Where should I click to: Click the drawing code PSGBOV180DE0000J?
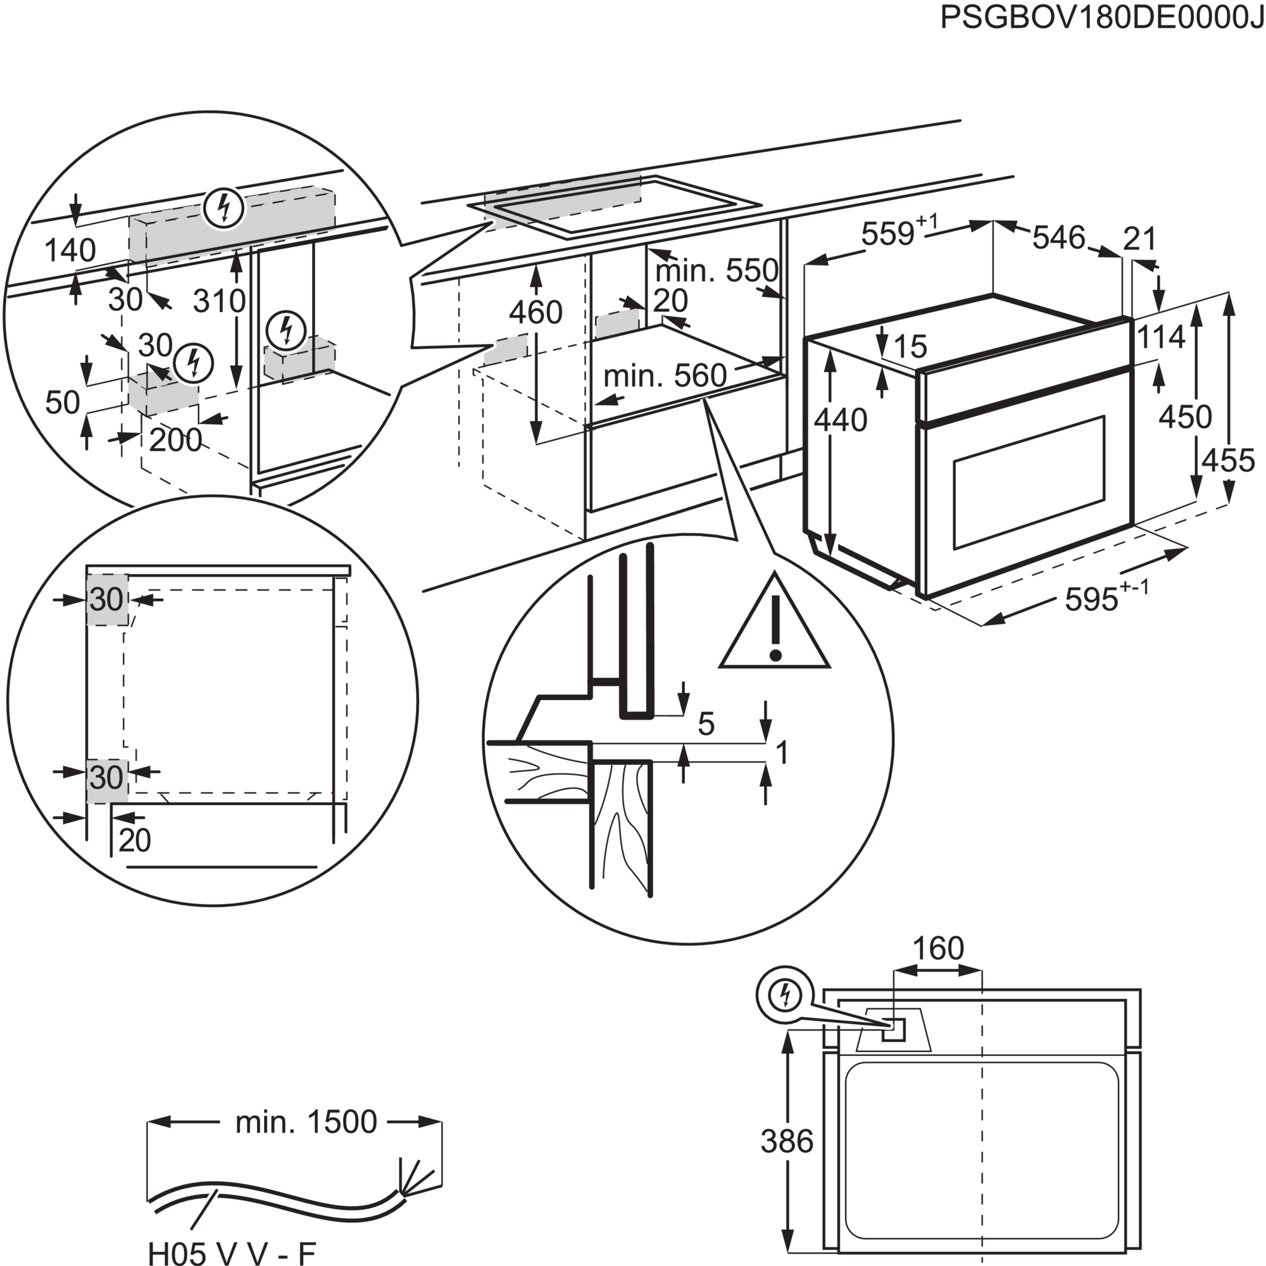(x=1101, y=18)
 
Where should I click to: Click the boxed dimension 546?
(x=1059, y=238)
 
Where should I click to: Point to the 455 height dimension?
(x=1227, y=460)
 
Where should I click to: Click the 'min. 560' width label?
(x=665, y=376)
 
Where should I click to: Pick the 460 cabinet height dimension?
(x=537, y=313)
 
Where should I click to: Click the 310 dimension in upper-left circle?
(x=219, y=301)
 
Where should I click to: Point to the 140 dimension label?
(x=71, y=250)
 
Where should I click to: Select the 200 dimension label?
(x=175, y=441)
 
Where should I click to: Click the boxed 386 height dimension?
(x=787, y=1142)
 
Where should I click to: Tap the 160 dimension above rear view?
(x=938, y=948)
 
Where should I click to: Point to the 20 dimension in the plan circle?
(x=135, y=840)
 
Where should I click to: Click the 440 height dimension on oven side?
(x=842, y=420)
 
